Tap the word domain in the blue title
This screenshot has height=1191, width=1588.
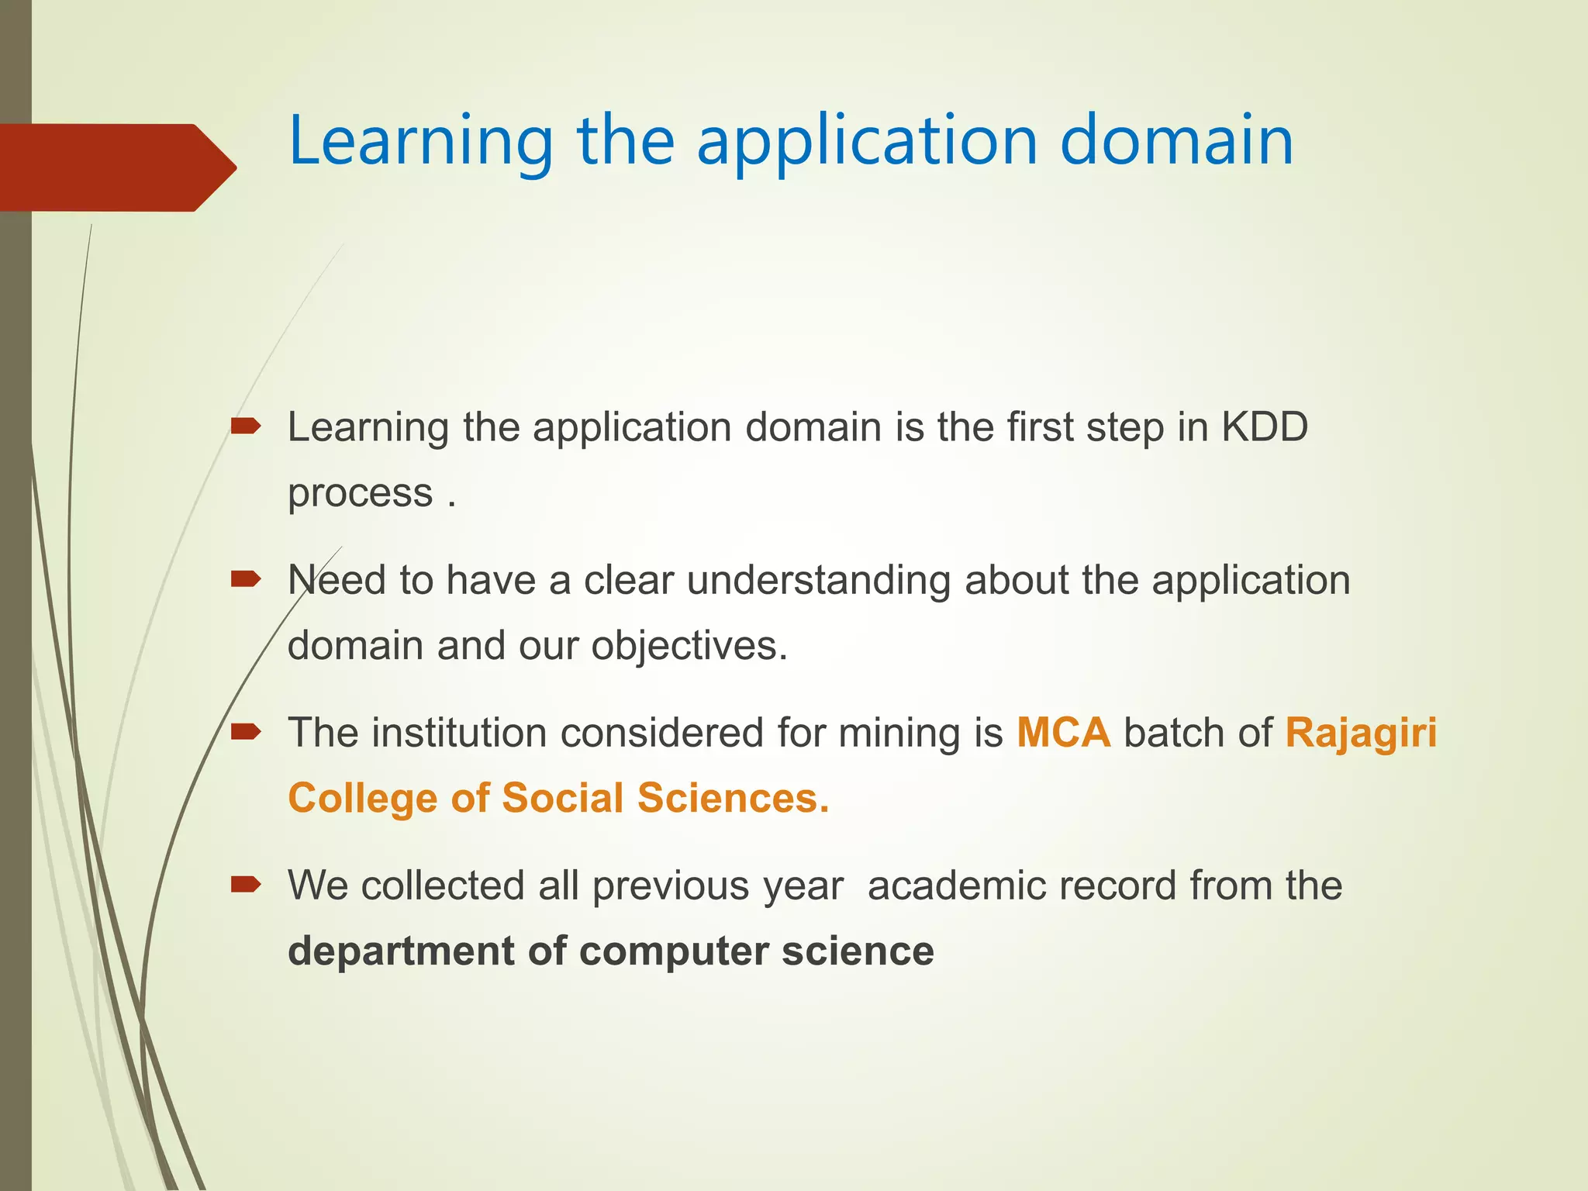[1176, 141]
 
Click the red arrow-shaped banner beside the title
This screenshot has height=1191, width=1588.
[116, 167]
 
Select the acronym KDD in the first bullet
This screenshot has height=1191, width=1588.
[1265, 427]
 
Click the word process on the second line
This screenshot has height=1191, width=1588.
[360, 494]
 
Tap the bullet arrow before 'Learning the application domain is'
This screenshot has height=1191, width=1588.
[246, 425]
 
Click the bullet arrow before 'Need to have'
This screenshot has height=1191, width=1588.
[246, 578]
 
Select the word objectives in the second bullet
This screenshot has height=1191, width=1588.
[689, 646]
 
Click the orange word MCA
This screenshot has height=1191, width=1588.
[1063, 733]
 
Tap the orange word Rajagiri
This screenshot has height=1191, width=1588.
[1361, 733]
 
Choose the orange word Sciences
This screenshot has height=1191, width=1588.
[733, 799]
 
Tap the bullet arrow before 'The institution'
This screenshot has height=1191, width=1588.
[246, 730]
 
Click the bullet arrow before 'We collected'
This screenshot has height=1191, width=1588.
[246, 883]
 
